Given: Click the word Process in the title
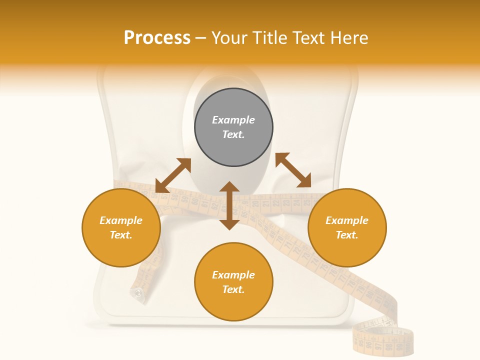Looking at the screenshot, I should (x=157, y=38).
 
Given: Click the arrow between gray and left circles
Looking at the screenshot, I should (x=173, y=175).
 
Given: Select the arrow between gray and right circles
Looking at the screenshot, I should (x=293, y=170).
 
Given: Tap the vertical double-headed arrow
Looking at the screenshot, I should (x=229, y=205).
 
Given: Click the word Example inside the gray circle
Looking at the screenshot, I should (x=233, y=120).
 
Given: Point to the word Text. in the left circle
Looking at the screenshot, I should (x=121, y=235).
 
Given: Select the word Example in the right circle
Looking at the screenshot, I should (x=347, y=220).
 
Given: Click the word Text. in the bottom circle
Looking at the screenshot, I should (x=233, y=289).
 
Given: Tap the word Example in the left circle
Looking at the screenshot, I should (x=121, y=220).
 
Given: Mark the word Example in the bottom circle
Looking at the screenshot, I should (x=233, y=275).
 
